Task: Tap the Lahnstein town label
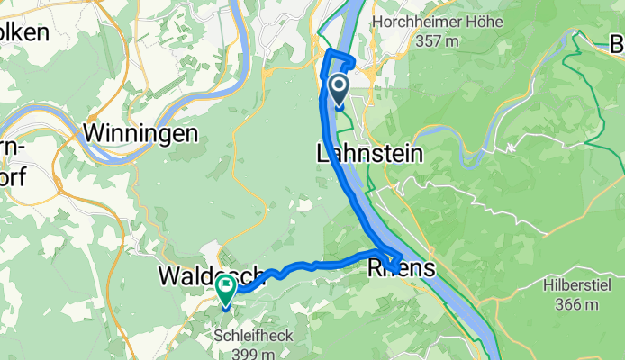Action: click(370, 154)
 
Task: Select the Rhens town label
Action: click(402, 268)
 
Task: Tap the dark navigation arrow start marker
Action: click(340, 89)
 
